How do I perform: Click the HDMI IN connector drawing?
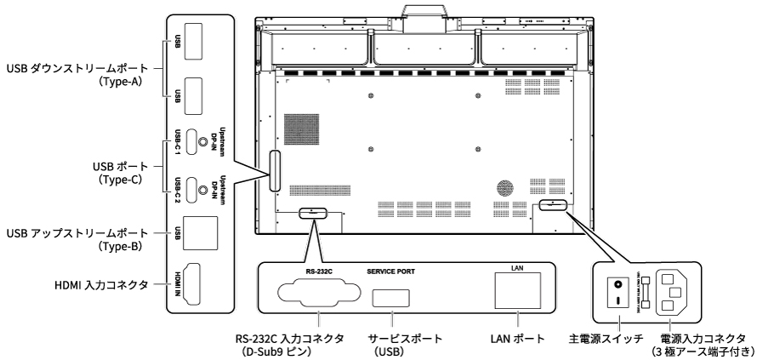tap(196, 284)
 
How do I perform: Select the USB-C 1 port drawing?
tap(195, 138)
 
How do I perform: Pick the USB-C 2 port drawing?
tap(195, 185)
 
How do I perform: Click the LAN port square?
tap(515, 292)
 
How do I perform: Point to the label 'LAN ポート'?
tap(516, 339)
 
